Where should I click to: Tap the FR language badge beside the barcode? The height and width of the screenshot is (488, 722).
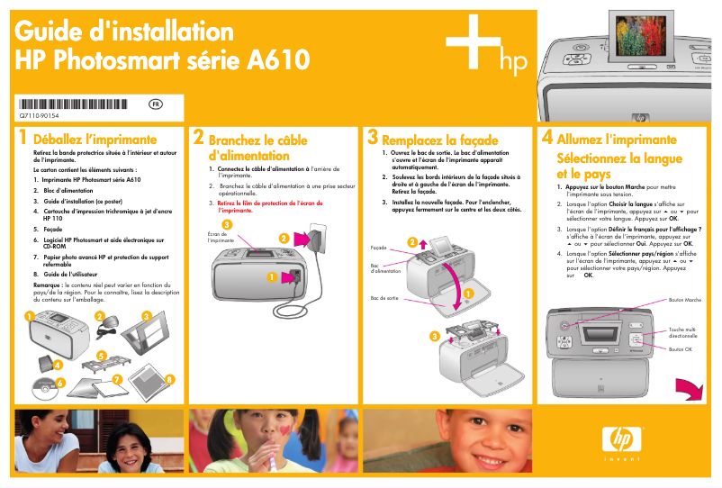(156, 104)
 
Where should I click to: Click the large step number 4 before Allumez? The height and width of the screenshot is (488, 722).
(546, 139)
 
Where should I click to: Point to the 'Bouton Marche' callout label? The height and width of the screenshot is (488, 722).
(685, 299)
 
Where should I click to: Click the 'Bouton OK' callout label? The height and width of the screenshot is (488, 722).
(681, 348)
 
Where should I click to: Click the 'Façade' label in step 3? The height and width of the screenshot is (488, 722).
(378, 247)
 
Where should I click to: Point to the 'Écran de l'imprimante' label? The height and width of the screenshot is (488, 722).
(221, 238)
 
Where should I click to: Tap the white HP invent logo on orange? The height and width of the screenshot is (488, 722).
(622, 442)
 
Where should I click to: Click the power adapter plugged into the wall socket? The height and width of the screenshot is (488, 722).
(315, 238)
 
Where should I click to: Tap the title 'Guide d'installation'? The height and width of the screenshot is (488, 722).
(124, 32)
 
